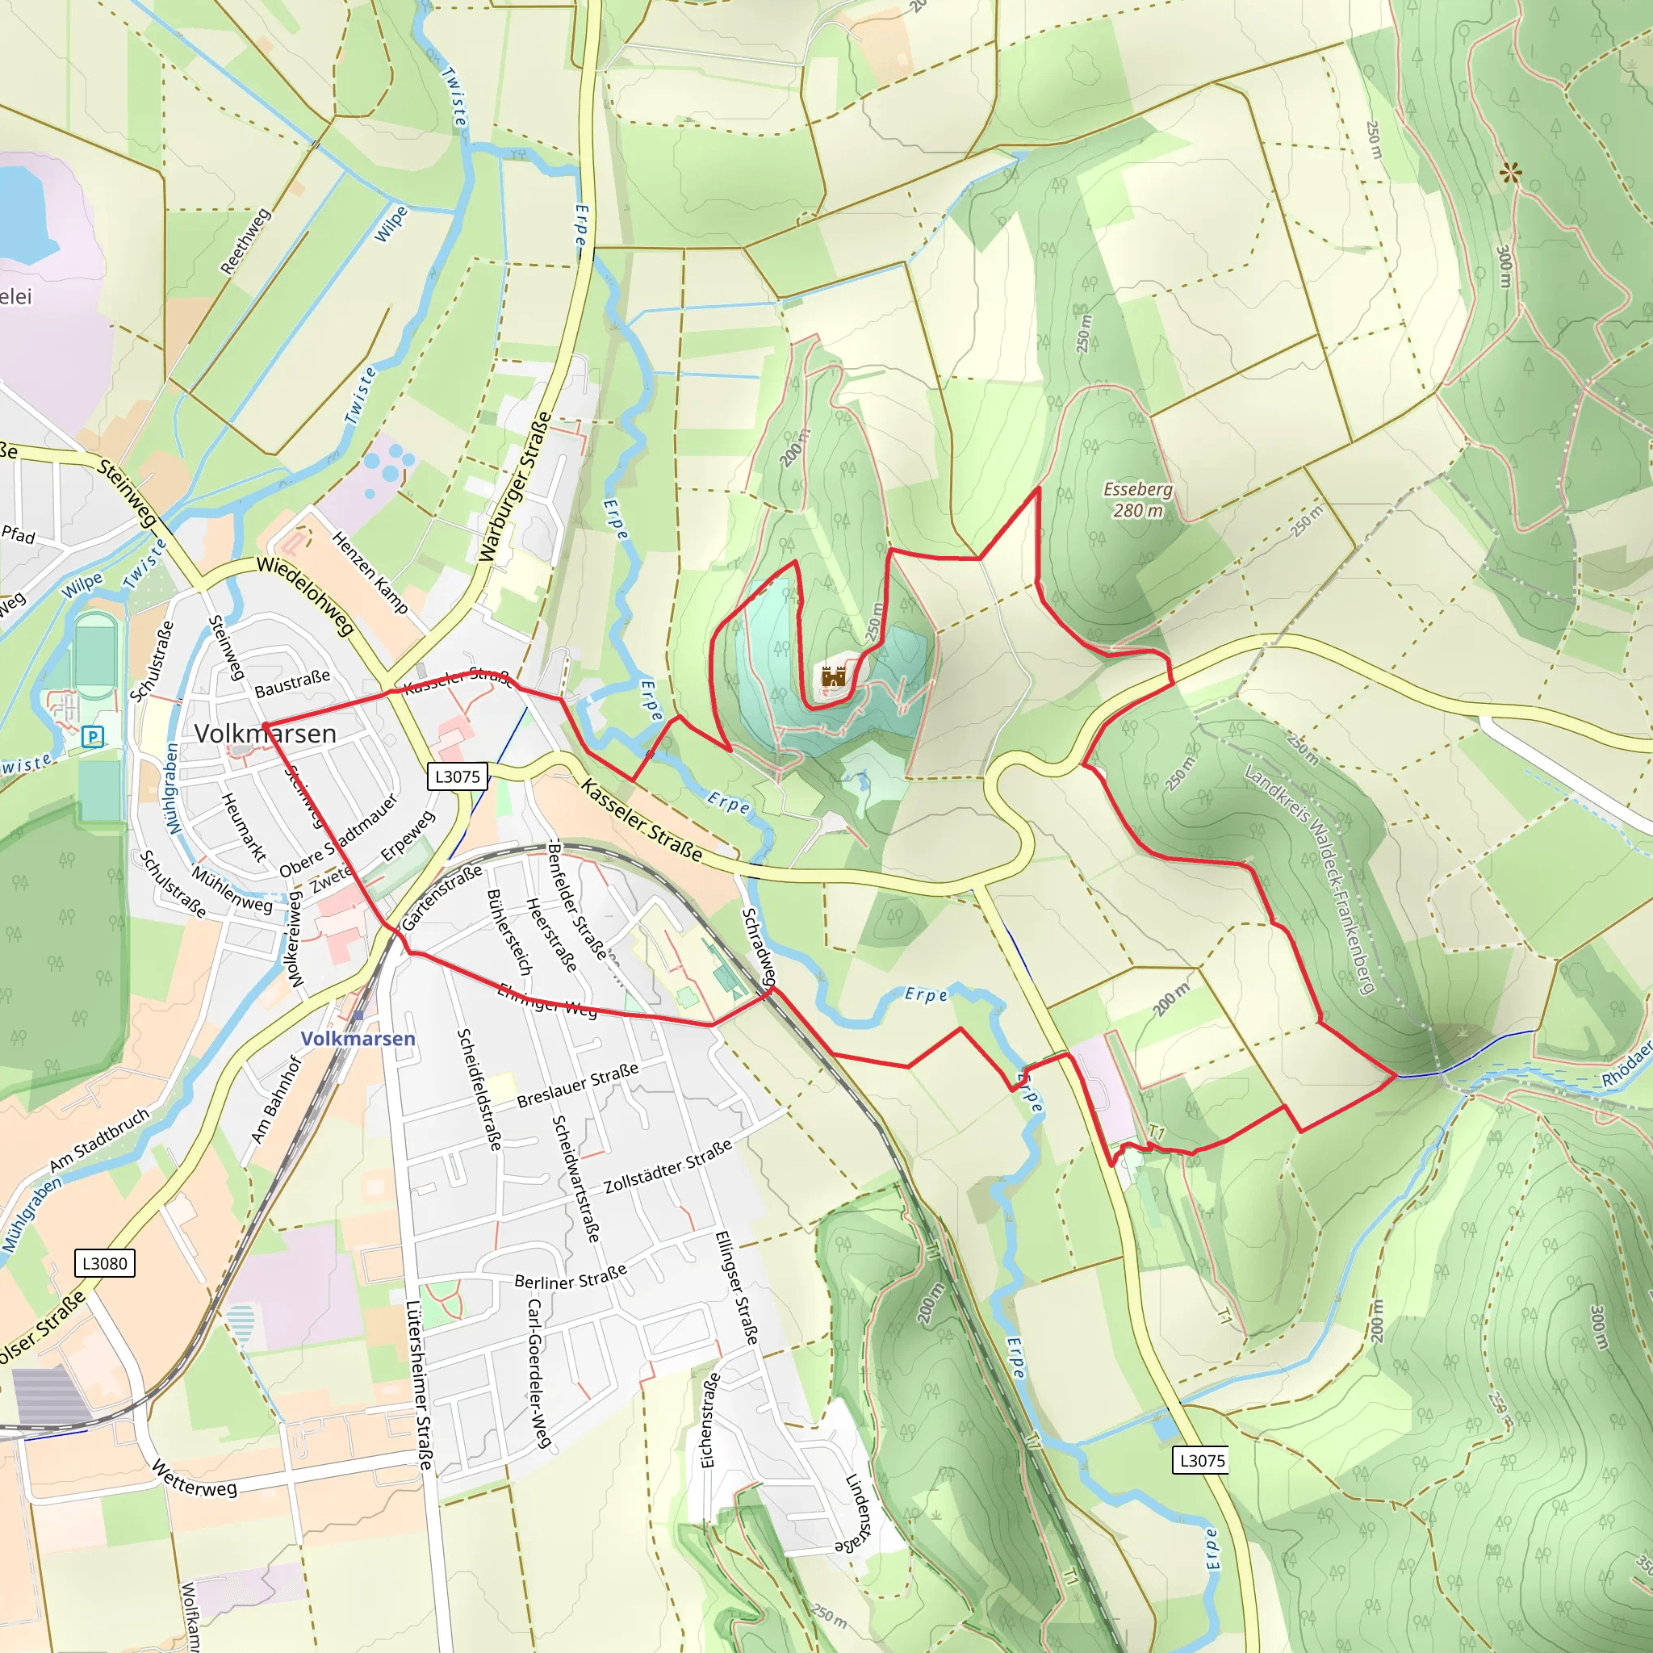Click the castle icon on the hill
tap(832, 676)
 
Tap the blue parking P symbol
tap(92, 736)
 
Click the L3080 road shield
tap(104, 1263)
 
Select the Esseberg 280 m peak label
tap(1137, 500)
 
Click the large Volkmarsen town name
tap(266, 733)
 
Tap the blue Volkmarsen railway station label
tap(358, 1038)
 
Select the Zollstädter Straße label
tap(668, 1166)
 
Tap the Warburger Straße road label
tap(514, 488)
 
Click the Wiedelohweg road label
tap(305, 596)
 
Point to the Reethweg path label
tap(245, 241)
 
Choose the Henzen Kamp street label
tap(370, 571)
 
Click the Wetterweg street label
tap(195, 1479)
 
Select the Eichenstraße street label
tap(709, 1421)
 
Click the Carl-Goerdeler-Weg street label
tap(538, 1373)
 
